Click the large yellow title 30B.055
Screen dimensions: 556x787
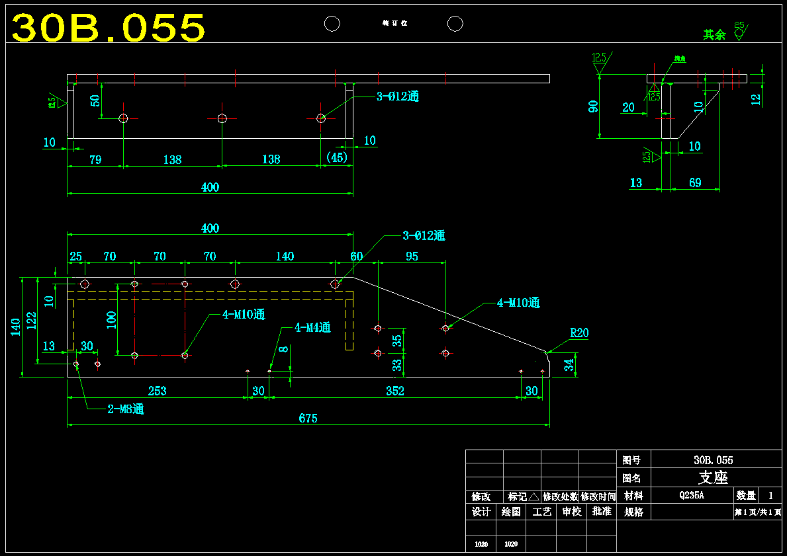[x=109, y=28]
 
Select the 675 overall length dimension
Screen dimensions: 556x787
[x=308, y=418]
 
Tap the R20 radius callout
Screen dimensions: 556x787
[x=579, y=333]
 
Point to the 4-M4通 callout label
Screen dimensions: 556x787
[x=312, y=327]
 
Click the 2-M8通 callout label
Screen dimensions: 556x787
[x=126, y=409]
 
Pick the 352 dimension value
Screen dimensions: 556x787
[x=394, y=391]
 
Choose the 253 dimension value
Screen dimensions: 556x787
[x=157, y=391]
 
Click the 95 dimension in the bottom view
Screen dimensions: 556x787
[x=412, y=257]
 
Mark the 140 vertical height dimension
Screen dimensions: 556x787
[x=15, y=327]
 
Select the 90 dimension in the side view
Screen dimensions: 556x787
[x=594, y=106]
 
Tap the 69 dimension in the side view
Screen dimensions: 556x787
[x=695, y=182]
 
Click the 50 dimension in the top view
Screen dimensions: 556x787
[x=95, y=101]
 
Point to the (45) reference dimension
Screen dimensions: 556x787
[x=337, y=157]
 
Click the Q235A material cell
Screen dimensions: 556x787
[x=691, y=495]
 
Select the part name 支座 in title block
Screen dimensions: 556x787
[x=713, y=477]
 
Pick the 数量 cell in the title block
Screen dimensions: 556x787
[x=745, y=495]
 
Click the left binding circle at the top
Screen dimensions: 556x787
[x=332, y=24]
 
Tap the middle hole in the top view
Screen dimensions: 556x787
[x=222, y=118]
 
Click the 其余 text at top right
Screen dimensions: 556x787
[x=714, y=35]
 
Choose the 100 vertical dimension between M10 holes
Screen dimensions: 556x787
[x=111, y=320]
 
